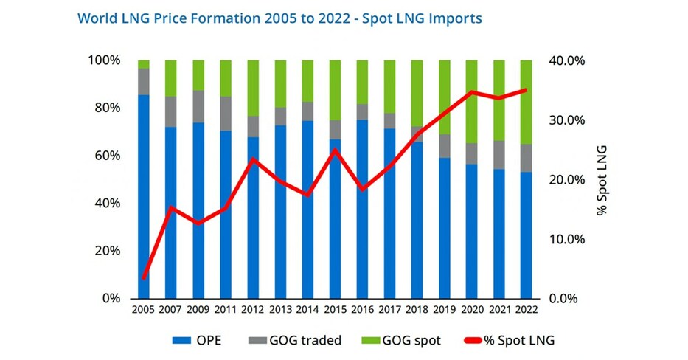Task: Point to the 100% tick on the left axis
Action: pos(102,60)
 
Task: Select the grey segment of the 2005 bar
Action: pos(144,81)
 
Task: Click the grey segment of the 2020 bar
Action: pos(471,153)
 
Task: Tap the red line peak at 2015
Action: pos(336,150)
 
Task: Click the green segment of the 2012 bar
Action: pos(254,88)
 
